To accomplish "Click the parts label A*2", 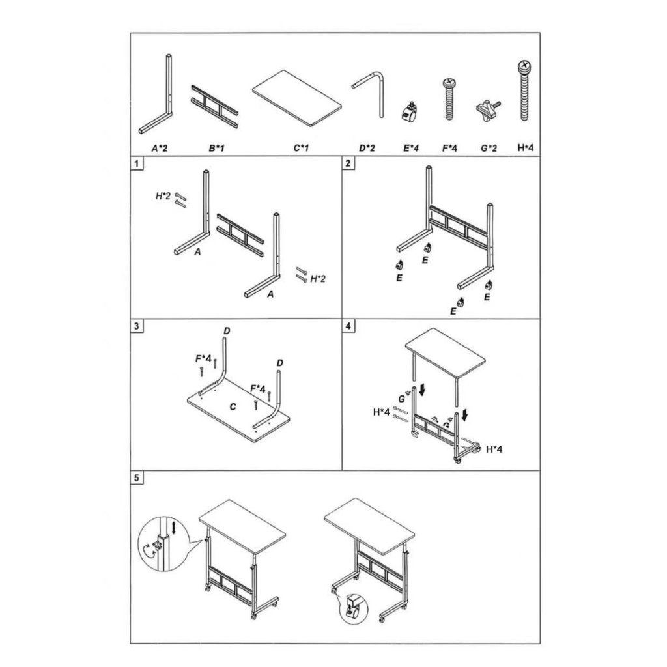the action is coord(160,148).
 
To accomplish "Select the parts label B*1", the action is coord(216,148).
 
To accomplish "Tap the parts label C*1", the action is coord(301,148).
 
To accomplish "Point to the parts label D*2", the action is coord(367,148).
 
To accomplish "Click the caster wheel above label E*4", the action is coord(409,112).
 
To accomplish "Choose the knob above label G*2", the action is coord(487,110).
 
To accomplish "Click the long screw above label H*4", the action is coord(525,90).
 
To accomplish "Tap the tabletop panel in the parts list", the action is coord(297,99).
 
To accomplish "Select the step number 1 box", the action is coord(137,163).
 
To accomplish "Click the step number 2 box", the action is coord(348,163).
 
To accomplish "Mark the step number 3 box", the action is coord(137,326).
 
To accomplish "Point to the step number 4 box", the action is coord(348,326).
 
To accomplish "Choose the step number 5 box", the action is coord(137,477).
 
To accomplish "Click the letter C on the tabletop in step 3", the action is coord(233,407).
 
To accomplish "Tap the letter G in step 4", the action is coord(401,399).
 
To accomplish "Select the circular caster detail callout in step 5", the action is coord(353,609).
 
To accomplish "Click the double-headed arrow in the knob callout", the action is coord(173,528).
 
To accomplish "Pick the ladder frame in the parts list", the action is coord(214,106).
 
